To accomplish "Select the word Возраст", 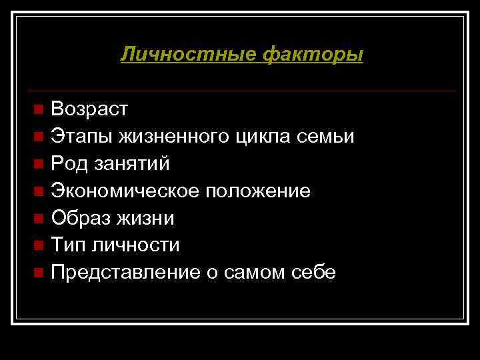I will pos(89,109).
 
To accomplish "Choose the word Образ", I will pos(79,218).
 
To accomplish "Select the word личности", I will pos(137,245).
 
